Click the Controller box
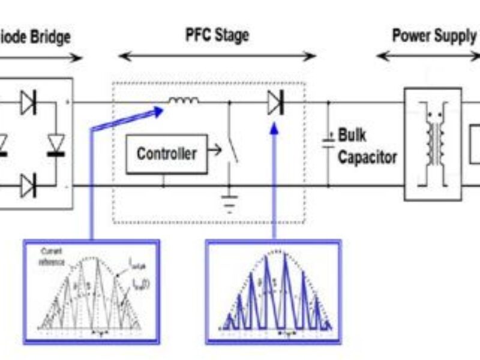[x=166, y=154]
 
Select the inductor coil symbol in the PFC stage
[x=180, y=102]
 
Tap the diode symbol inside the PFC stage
[x=275, y=104]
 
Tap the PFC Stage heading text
[x=217, y=35]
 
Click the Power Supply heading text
[x=434, y=35]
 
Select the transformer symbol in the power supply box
[x=433, y=143]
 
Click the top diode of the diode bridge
[x=28, y=103]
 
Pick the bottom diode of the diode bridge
[x=28, y=185]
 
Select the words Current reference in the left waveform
[x=54, y=255]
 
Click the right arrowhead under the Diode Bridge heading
[x=77, y=58]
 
